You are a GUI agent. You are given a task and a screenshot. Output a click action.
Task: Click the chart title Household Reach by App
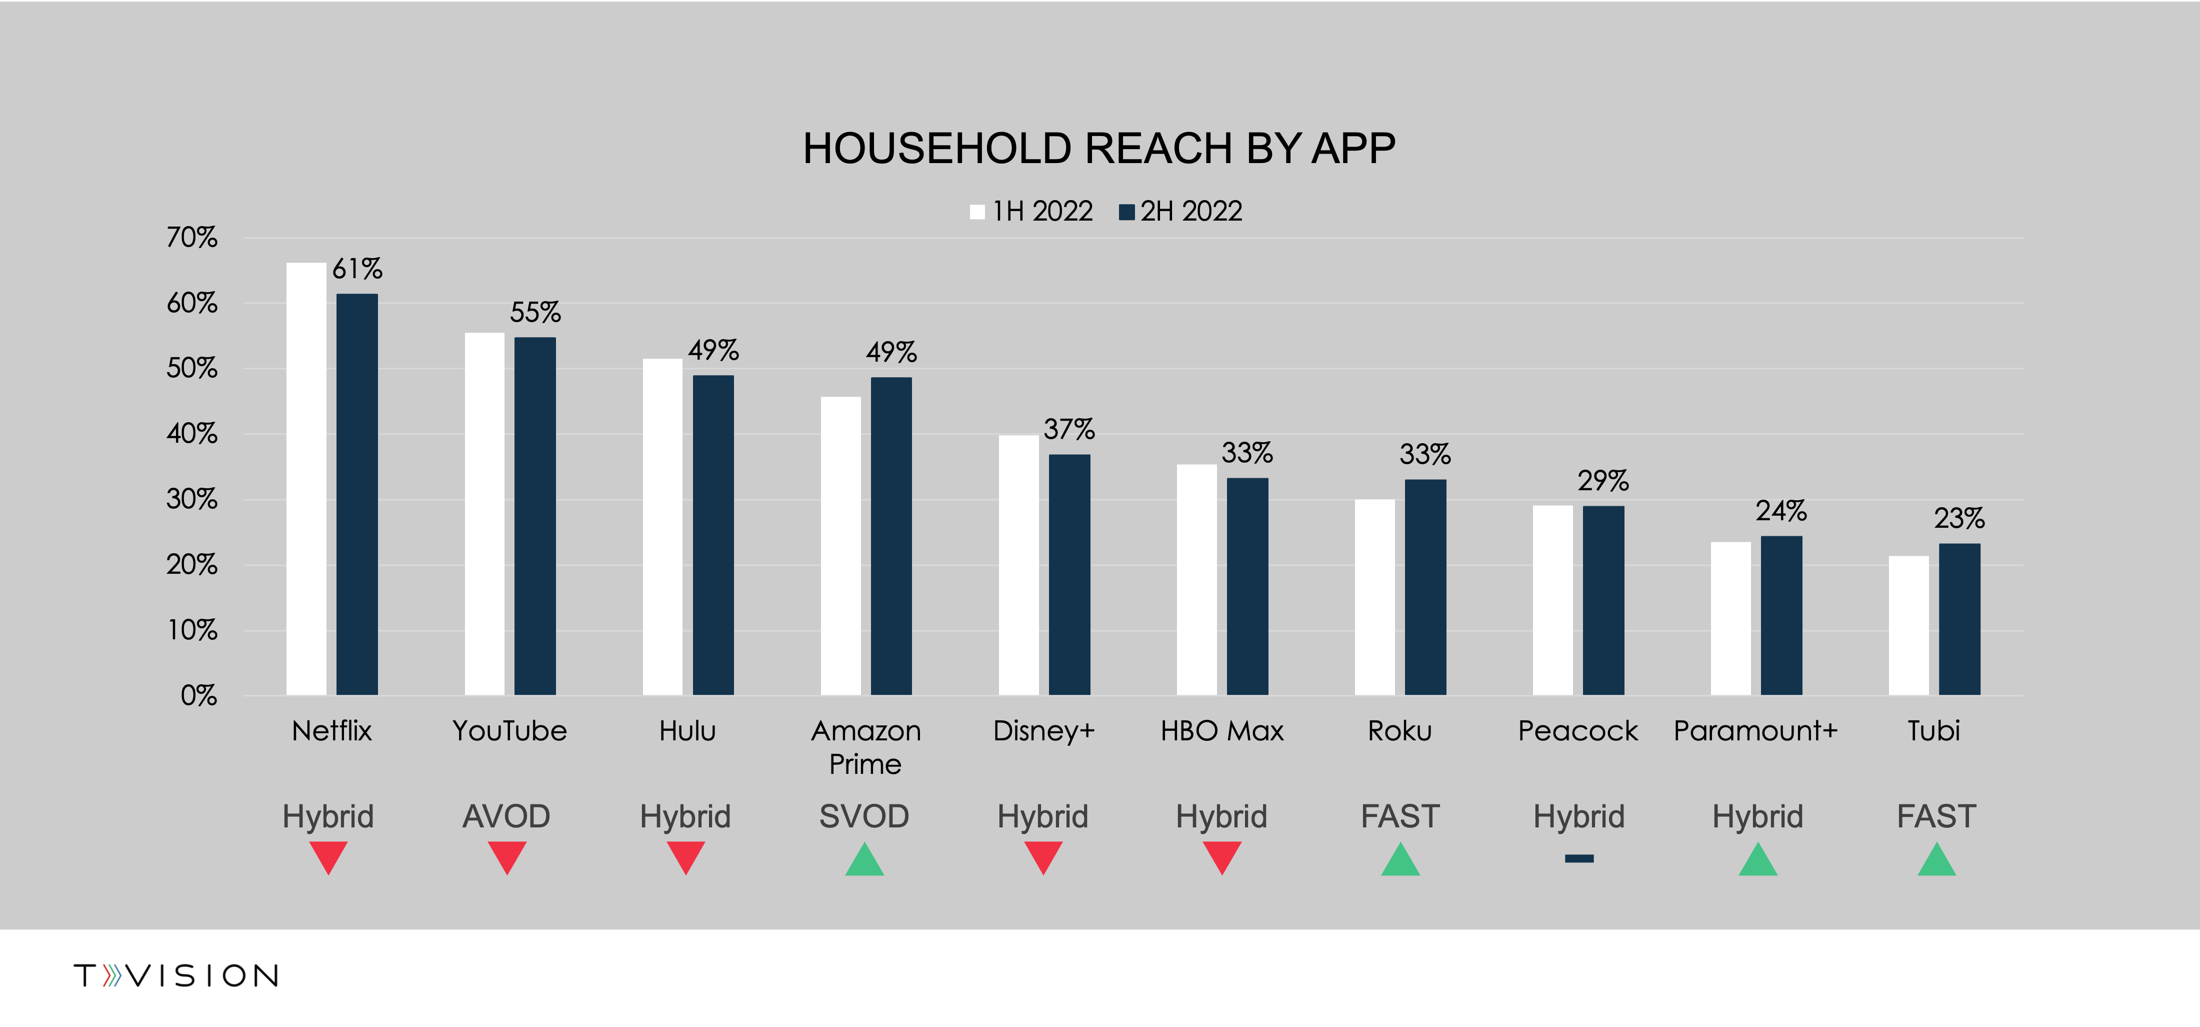[1098, 149]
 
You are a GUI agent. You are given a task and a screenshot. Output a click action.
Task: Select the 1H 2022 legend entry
[1031, 211]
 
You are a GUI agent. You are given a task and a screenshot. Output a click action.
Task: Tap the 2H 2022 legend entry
[1180, 211]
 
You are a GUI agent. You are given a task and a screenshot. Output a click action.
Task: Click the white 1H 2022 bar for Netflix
[305, 478]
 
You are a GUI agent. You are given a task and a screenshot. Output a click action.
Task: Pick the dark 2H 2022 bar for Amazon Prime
[891, 536]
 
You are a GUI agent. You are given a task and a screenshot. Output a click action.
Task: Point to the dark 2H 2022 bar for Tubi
[1959, 619]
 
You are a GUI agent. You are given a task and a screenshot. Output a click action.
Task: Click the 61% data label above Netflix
[357, 269]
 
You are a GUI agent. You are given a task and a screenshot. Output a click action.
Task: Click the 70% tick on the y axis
[192, 238]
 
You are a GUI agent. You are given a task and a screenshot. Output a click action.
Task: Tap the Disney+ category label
[1043, 731]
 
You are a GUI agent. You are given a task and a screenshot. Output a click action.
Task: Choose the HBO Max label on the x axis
[1221, 731]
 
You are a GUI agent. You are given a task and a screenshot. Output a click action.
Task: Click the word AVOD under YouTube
[506, 817]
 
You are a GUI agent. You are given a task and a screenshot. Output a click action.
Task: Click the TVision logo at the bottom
[176, 976]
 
